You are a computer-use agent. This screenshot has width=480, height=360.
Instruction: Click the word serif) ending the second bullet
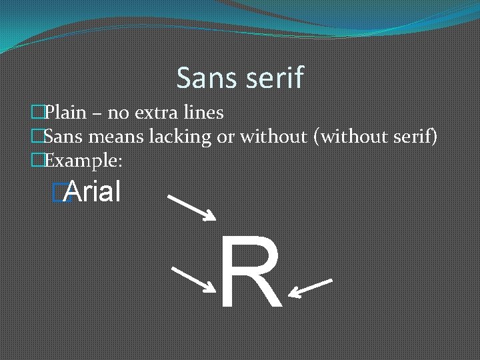click(x=419, y=137)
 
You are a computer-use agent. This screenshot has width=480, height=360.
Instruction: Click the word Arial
click(x=93, y=193)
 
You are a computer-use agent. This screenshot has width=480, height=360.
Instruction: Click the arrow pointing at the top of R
click(x=192, y=207)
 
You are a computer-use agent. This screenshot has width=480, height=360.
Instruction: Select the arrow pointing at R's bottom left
click(x=193, y=279)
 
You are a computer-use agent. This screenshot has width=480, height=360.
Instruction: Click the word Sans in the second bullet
click(x=63, y=137)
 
